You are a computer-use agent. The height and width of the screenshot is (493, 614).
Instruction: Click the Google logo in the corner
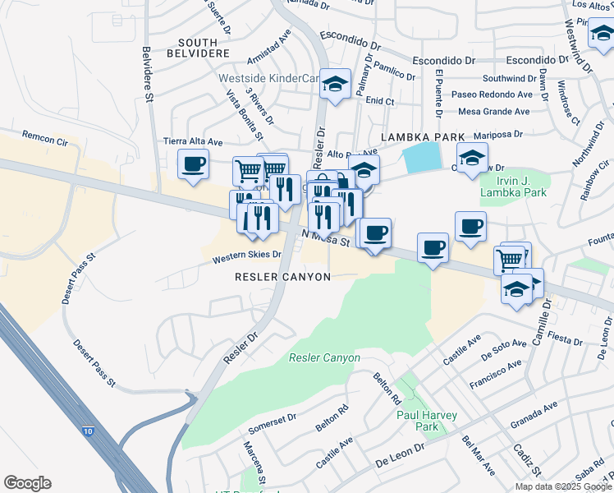(x=27, y=483)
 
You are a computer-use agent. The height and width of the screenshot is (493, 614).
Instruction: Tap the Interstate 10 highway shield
(x=88, y=431)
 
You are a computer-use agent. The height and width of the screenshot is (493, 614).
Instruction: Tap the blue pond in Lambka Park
(x=421, y=157)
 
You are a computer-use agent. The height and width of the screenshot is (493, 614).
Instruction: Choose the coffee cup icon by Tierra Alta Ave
(x=193, y=165)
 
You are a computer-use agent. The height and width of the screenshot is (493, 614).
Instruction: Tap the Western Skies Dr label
(x=246, y=256)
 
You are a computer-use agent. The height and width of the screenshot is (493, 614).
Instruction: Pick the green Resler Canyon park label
(x=324, y=357)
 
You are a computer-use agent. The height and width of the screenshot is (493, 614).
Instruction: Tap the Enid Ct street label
(x=380, y=101)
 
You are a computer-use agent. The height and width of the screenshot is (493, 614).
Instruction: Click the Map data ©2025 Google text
(x=563, y=486)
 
